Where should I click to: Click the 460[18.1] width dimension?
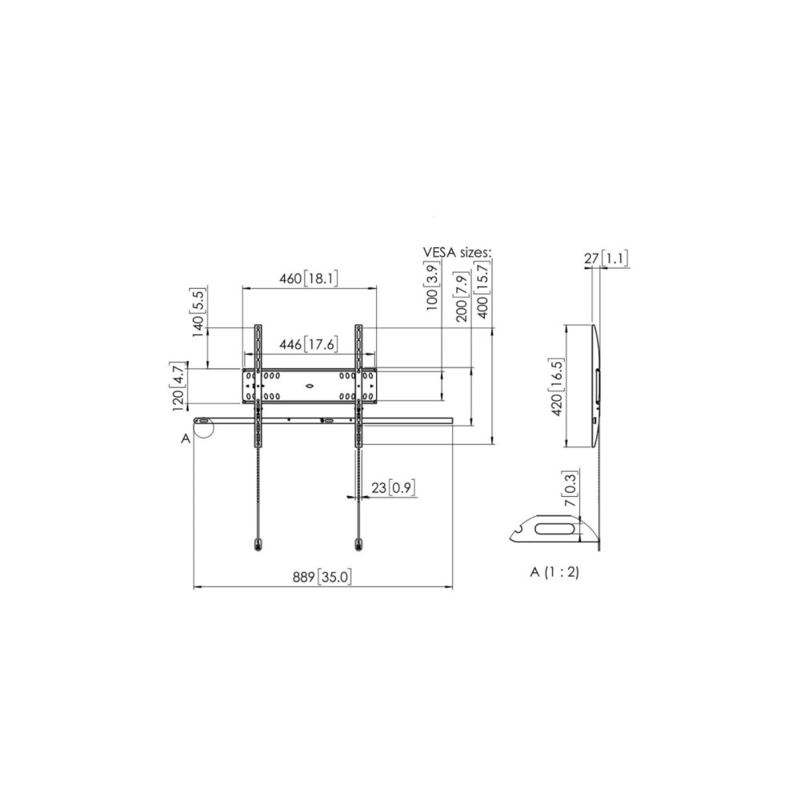point(309,278)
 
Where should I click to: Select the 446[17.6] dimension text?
point(309,344)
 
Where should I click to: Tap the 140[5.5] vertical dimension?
point(198,312)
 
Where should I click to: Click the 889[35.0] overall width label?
point(322,577)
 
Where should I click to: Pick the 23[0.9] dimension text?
point(392,488)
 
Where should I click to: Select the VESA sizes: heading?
point(457,252)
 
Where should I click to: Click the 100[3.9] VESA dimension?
point(432,286)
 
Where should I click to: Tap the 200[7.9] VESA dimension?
point(462,297)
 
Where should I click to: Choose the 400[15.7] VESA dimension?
point(482,289)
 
